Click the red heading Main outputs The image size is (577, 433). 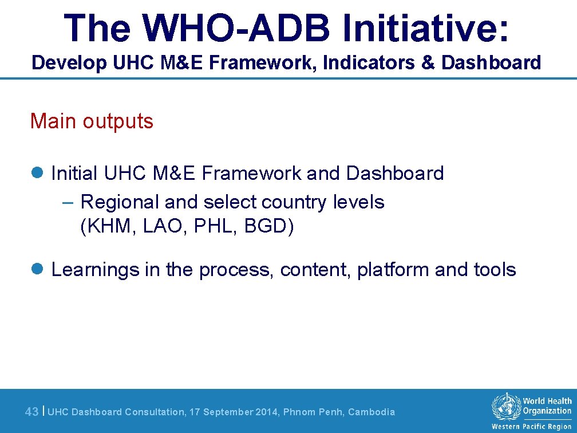pyautogui.click(x=92, y=121)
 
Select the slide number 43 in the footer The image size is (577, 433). pyautogui.click(x=32, y=412)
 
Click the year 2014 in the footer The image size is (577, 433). pyautogui.click(x=260, y=412)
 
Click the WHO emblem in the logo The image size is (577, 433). pyautogui.click(x=506, y=407)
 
